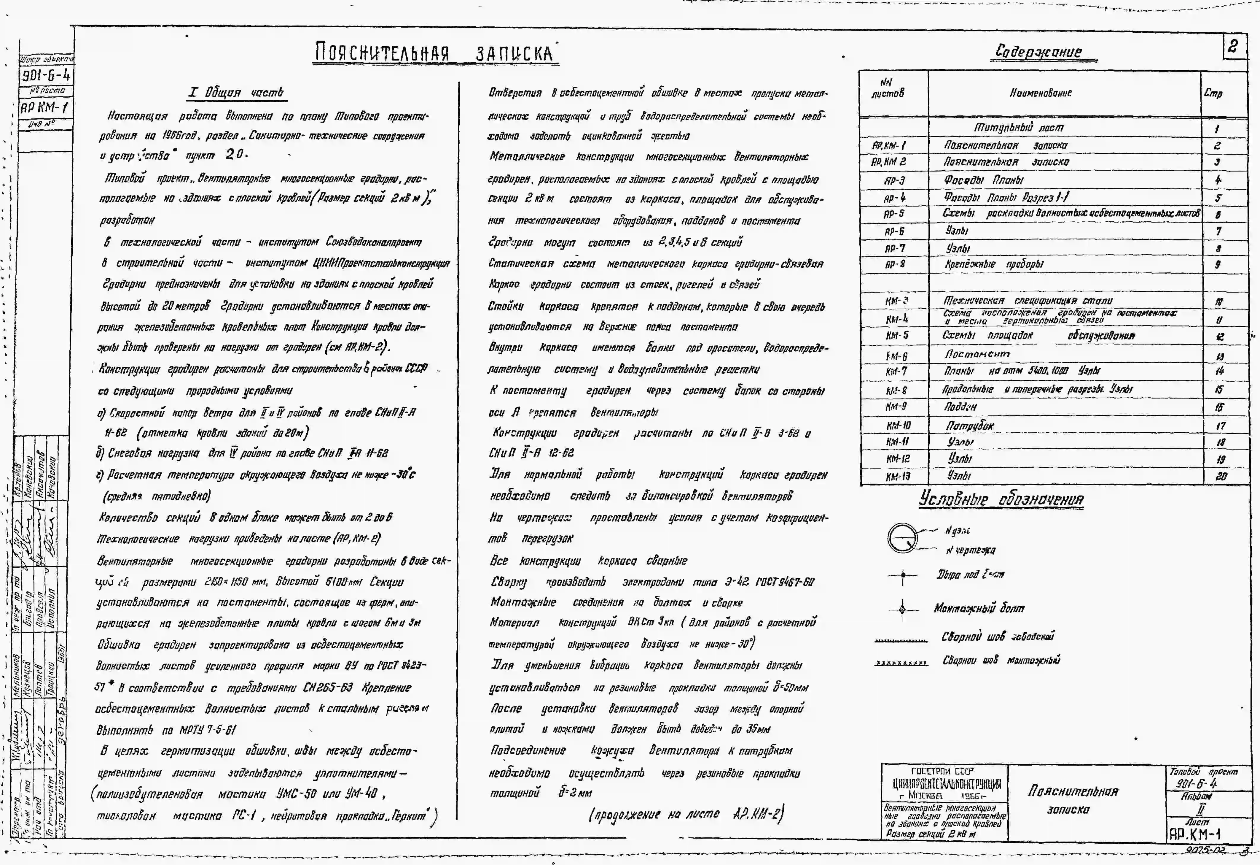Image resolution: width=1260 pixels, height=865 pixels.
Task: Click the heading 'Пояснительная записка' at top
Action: click(x=435, y=53)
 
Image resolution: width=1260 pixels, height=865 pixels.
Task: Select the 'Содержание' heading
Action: click(x=1038, y=52)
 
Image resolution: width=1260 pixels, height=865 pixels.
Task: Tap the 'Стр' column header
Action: click(x=1213, y=93)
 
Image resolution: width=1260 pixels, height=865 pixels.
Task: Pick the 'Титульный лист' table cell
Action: click(x=1019, y=128)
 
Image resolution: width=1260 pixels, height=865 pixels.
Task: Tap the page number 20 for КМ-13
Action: click(x=1221, y=477)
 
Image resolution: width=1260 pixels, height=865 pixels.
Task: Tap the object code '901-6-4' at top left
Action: click(x=46, y=75)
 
